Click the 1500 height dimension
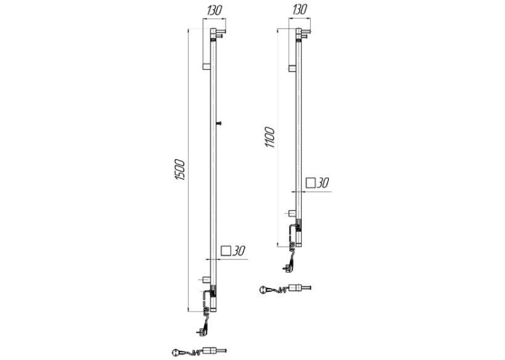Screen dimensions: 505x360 [x=180, y=170]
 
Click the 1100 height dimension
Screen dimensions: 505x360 [x=269, y=137]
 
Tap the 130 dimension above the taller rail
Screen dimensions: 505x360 [x=215, y=11]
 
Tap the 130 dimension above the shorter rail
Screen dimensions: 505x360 [x=300, y=10]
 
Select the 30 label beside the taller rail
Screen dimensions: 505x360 [x=239, y=251]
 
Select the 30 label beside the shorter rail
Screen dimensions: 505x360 [x=322, y=183]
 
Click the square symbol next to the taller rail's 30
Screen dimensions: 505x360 [x=226, y=251]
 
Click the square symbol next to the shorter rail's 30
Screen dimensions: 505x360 [x=310, y=183]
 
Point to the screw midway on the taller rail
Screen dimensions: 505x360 [x=219, y=122]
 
